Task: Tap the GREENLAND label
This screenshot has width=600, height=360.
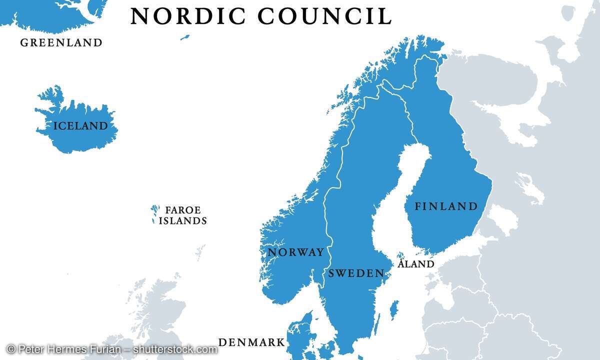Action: click(61, 43)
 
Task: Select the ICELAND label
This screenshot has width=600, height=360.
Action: click(80, 126)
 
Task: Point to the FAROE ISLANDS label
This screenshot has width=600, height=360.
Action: click(182, 215)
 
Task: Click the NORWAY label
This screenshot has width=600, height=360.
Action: click(296, 252)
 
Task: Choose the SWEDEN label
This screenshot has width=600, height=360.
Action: click(356, 273)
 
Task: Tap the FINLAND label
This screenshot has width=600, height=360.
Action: click(446, 206)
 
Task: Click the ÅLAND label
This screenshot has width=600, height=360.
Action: click(416, 264)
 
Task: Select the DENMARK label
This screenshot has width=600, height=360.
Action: click(251, 343)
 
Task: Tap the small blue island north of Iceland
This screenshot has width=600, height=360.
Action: click(185, 36)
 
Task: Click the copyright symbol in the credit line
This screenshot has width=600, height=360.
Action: click(10, 349)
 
